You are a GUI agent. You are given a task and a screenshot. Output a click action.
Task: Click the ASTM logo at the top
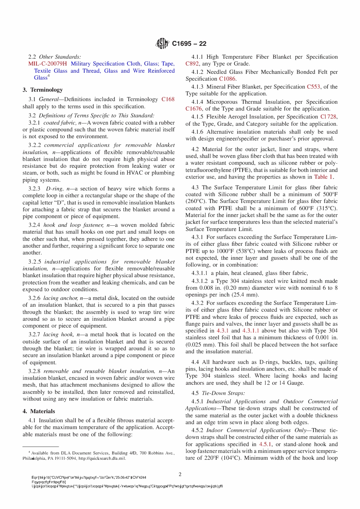coord(162,44)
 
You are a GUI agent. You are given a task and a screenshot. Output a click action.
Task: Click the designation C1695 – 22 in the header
coord(189,44)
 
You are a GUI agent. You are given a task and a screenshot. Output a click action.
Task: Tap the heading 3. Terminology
coord(42,90)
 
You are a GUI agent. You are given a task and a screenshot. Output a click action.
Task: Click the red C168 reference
coord(168,99)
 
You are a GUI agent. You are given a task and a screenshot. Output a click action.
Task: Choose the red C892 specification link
coord(192,64)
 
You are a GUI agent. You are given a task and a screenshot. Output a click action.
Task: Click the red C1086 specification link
coord(227,79)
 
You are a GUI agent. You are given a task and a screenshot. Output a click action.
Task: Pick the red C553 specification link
coord(313,87)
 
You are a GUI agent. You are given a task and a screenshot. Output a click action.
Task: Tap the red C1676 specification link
coord(194,109)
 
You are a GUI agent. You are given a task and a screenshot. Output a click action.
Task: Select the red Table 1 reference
coord(323,177)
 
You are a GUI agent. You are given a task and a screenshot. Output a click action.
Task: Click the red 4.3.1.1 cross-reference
coord(251,331)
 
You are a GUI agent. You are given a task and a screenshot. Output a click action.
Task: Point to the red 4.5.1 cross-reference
coord(265,444)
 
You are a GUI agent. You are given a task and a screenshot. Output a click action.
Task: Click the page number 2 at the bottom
coord(180,474)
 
